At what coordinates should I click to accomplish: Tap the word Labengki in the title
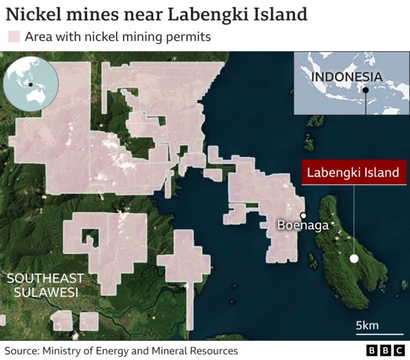coord(201,13)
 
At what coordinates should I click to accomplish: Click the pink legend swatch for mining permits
coord(13,37)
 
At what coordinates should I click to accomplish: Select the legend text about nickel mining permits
coord(118,37)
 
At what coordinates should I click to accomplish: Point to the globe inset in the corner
coord(31,84)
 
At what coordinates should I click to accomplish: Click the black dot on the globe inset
coord(30,84)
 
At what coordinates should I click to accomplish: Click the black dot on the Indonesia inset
coord(365,90)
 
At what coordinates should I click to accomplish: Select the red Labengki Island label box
coord(353,172)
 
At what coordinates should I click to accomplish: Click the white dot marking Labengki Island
coord(354,259)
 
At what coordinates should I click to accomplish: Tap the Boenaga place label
coord(303,225)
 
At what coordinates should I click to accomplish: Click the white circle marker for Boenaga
coord(303,216)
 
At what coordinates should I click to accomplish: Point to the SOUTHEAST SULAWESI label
coord(45,285)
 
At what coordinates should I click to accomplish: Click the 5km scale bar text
coord(367,325)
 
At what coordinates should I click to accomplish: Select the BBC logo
coord(385,350)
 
